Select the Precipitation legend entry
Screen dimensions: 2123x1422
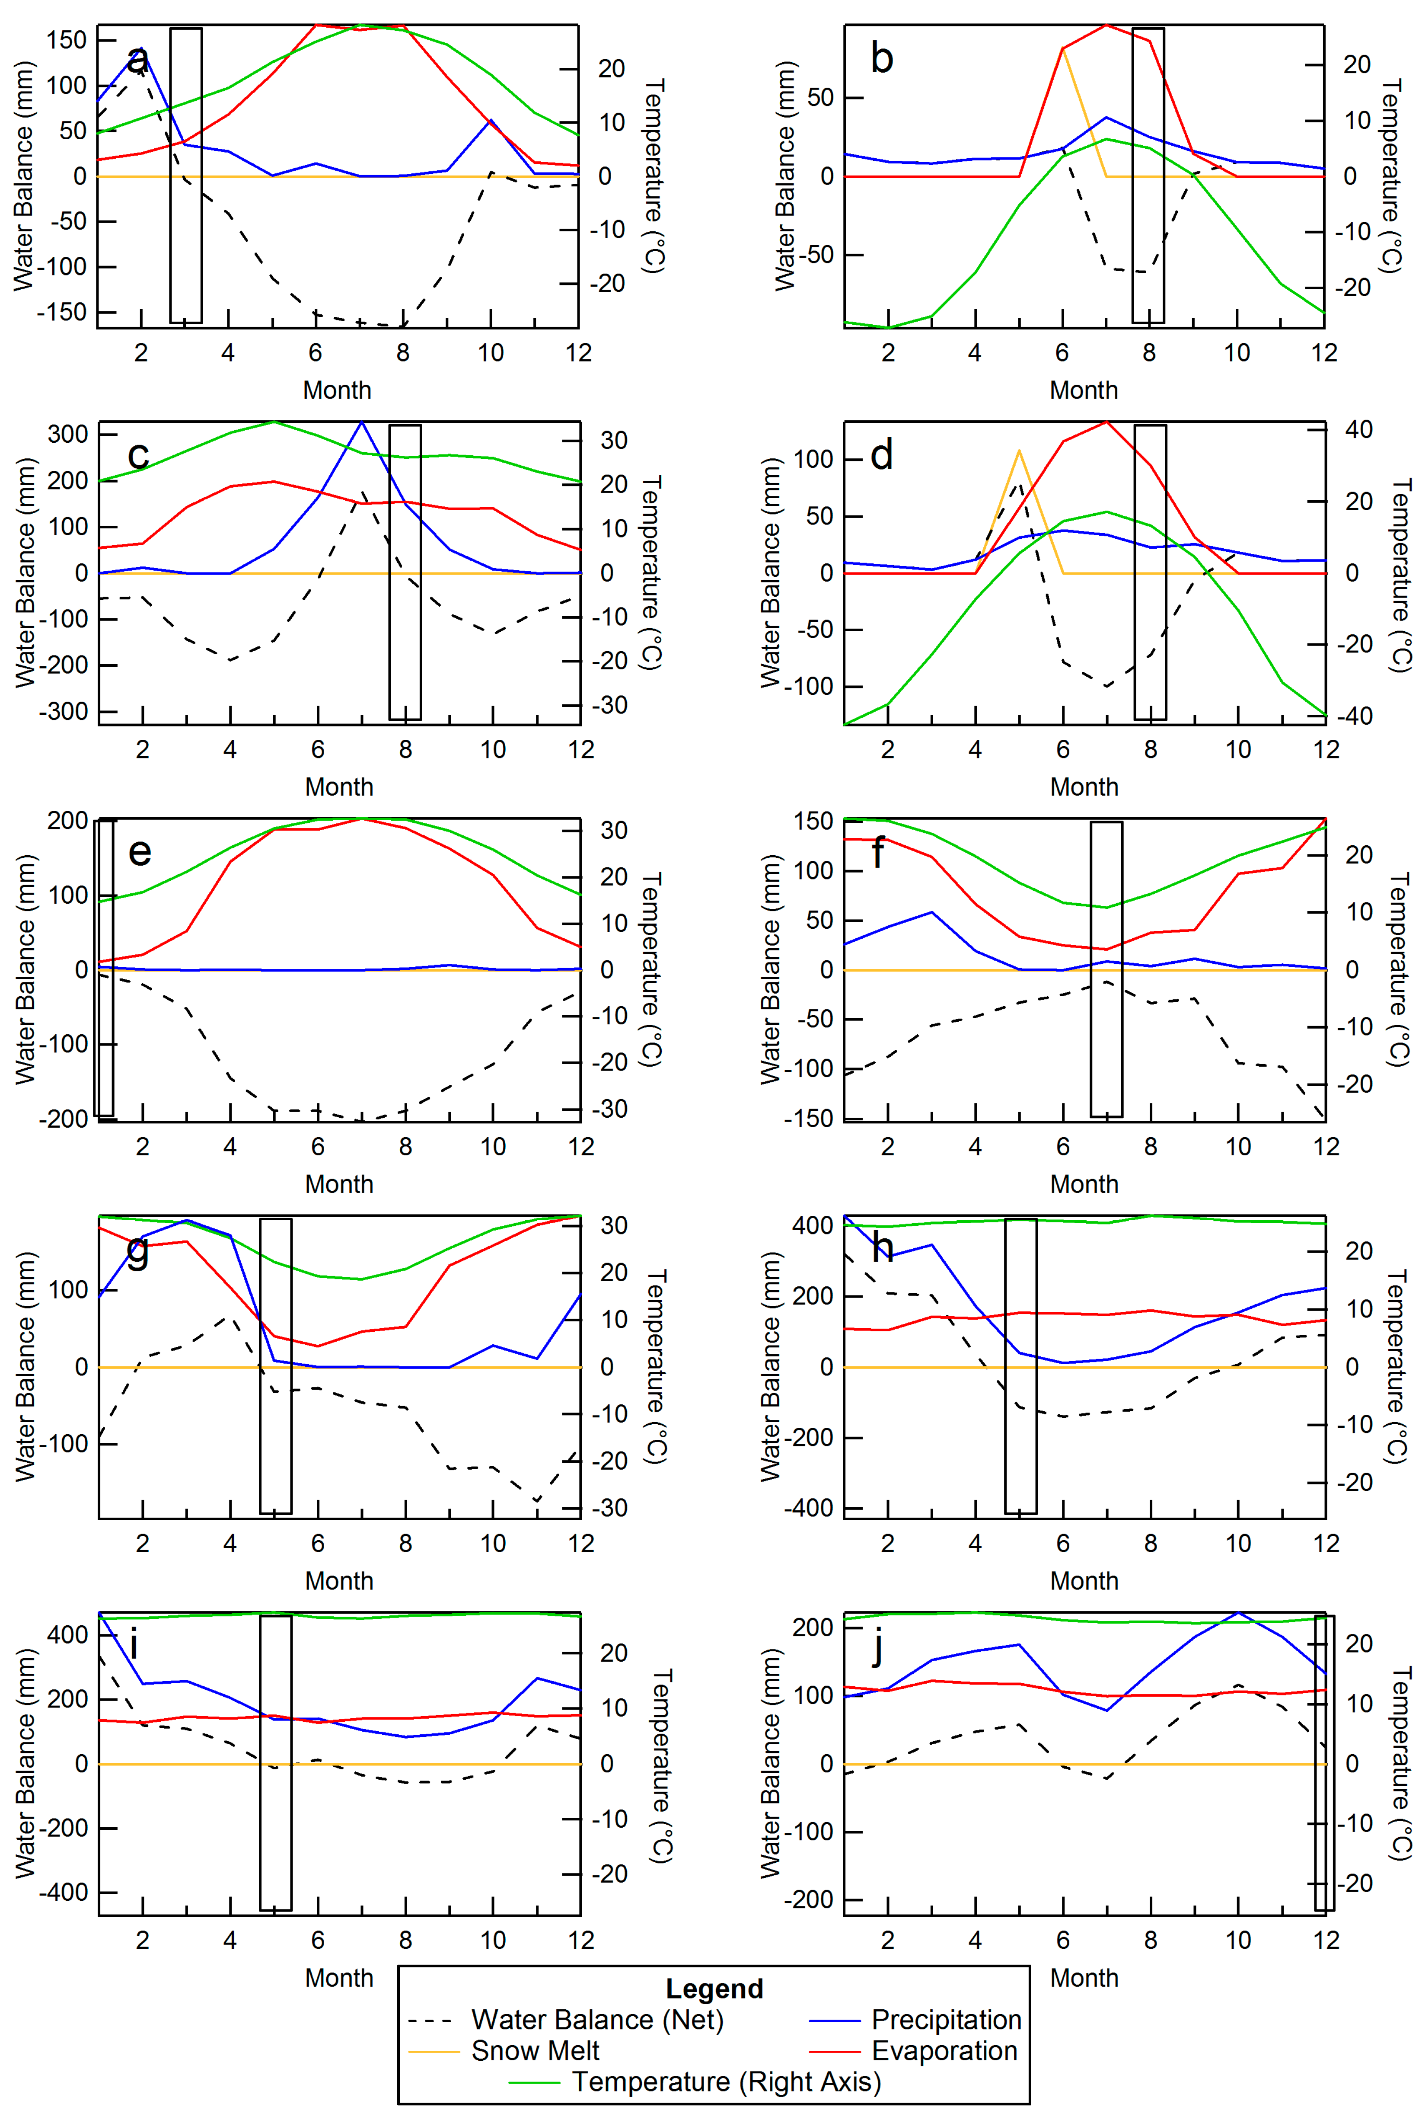tap(946, 2020)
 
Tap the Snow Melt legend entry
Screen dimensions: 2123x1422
tap(535, 2050)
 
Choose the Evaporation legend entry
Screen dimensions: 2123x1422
tap(944, 2050)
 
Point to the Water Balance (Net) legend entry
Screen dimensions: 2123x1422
tap(597, 2020)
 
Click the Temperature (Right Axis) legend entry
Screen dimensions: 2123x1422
tap(726, 2081)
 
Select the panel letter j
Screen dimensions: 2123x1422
tap(877, 1647)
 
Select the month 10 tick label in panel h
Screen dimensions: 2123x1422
tap(1238, 1543)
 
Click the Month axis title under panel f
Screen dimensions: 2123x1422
tap(1084, 1184)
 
